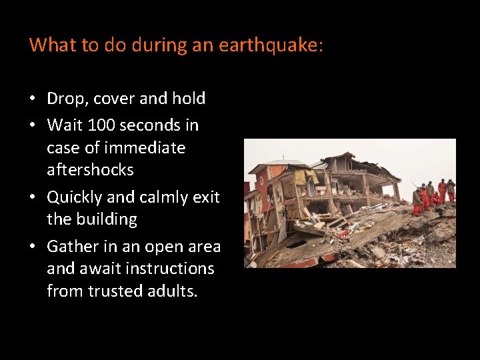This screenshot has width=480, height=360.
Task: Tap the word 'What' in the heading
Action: [x=48, y=45]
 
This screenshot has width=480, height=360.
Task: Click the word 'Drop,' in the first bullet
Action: [x=68, y=99]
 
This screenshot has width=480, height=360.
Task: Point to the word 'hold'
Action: [x=189, y=99]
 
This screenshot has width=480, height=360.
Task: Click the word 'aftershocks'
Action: [x=90, y=170]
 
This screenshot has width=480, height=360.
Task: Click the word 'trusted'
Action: [x=115, y=291]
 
